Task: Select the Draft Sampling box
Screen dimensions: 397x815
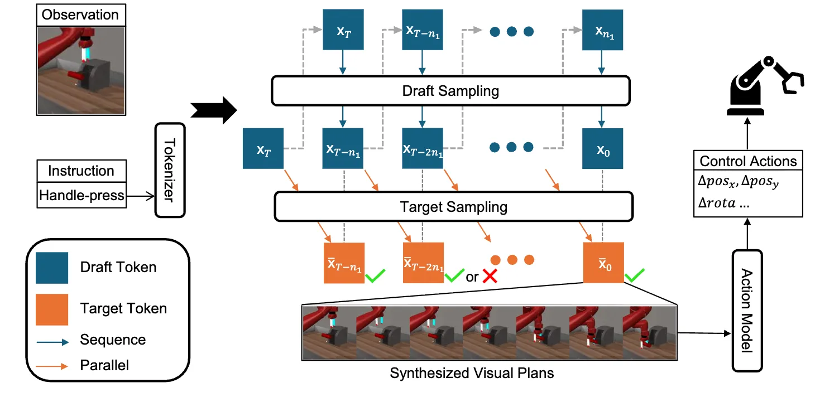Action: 450,90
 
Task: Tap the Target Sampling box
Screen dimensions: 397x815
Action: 453,207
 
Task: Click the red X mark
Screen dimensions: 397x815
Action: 490,277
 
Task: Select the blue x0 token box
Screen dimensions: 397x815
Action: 602,148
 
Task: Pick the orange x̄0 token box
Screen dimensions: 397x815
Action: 603,263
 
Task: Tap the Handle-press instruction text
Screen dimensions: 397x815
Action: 81,196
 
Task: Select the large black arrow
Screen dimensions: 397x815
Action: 214,110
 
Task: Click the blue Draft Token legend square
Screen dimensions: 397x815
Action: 52,268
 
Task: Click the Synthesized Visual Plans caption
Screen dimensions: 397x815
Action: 472,373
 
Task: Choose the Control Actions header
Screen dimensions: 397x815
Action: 748,161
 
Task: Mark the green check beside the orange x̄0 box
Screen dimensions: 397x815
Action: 635,274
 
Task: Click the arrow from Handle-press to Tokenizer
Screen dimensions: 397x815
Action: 140,196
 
